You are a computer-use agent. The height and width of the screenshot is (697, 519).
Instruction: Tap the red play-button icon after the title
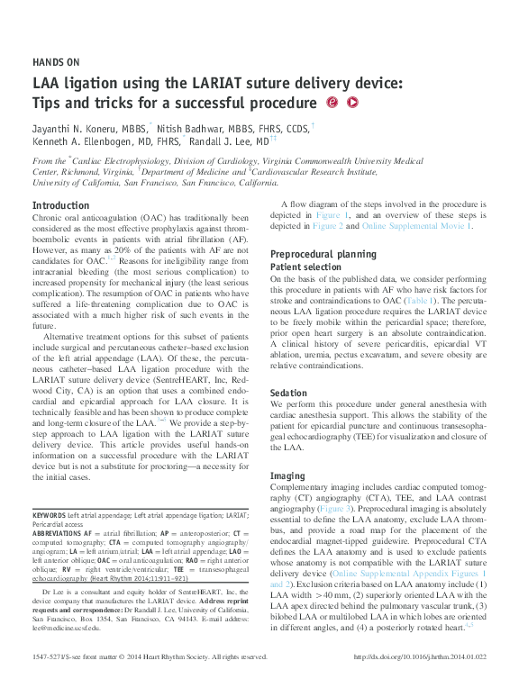[x=352, y=102]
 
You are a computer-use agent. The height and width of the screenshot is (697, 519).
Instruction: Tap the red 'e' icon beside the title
[x=332, y=102]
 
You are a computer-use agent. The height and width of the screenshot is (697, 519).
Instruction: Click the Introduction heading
[x=60, y=205]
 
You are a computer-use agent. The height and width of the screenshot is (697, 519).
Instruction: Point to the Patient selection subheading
[x=306, y=267]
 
